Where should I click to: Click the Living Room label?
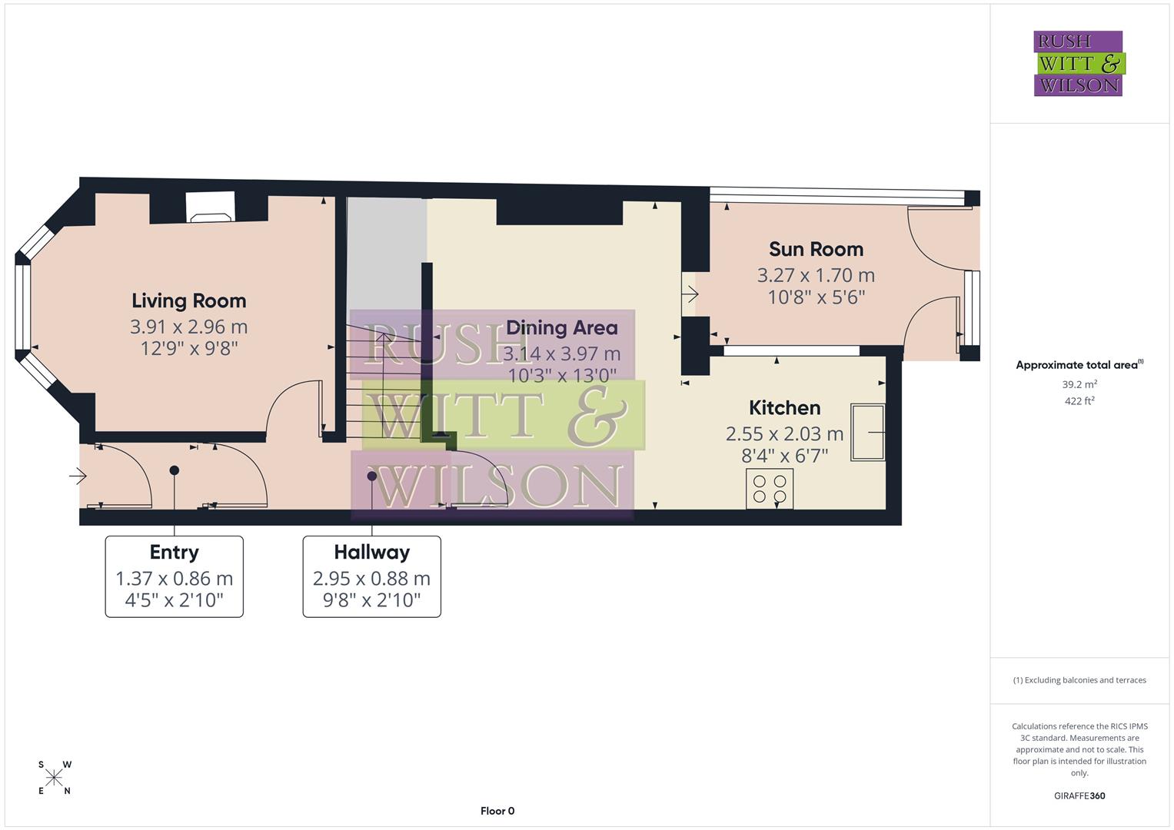188,300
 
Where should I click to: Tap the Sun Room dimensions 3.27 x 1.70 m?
816,275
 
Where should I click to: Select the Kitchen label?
784,407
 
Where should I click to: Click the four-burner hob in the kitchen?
770,488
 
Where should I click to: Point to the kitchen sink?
867,433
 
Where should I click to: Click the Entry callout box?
175,576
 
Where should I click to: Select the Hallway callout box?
371,576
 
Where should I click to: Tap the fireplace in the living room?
210,207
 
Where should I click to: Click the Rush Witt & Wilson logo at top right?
1078,64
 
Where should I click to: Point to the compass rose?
54,779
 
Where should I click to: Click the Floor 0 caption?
497,811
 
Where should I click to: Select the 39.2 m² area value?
1079,384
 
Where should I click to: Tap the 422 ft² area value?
1079,401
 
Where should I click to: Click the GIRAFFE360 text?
1079,795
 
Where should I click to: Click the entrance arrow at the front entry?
78,476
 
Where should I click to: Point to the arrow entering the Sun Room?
690,294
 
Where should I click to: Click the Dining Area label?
562,328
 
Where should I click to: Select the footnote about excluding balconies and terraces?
1079,680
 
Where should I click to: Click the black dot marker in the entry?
175,470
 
